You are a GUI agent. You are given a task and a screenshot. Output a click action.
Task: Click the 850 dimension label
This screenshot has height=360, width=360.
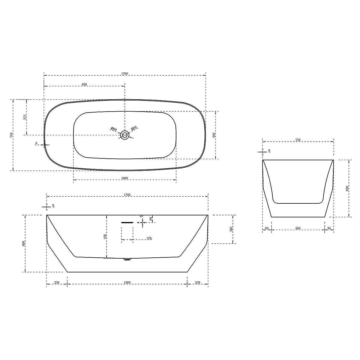[84, 84]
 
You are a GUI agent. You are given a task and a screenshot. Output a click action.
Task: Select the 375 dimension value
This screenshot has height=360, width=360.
[25, 117]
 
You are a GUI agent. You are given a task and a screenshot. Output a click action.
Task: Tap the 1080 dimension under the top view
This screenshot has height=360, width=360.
[124, 178]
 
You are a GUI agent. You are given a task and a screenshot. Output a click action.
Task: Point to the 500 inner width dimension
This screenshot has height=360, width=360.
[214, 135]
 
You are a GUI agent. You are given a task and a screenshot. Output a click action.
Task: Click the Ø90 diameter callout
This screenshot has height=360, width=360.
[114, 129]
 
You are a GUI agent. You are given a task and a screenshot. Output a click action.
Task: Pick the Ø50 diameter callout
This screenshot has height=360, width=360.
[134, 128]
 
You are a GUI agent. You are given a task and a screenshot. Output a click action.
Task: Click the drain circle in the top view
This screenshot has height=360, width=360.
[124, 135]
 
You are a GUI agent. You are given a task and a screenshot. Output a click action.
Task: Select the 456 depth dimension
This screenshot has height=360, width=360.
[105, 236]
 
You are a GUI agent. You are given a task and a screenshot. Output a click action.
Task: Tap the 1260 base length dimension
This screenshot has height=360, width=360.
[127, 283]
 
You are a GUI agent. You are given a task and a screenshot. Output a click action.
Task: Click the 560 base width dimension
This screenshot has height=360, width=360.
[298, 228]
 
